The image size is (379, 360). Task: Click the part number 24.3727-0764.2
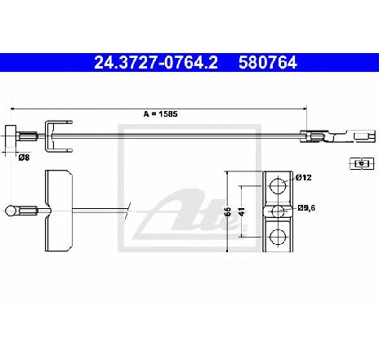(x=156, y=63)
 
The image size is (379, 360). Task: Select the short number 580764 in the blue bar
(x=268, y=63)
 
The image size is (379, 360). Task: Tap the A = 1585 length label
(x=160, y=114)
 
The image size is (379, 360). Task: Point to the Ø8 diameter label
(x=24, y=158)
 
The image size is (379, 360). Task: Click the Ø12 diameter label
(x=304, y=178)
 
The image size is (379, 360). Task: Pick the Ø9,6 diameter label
(x=306, y=208)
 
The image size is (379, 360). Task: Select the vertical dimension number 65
(x=228, y=211)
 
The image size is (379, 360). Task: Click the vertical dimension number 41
(x=242, y=211)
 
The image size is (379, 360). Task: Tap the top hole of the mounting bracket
(x=278, y=186)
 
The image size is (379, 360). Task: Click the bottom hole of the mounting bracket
(x=278, y=237)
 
